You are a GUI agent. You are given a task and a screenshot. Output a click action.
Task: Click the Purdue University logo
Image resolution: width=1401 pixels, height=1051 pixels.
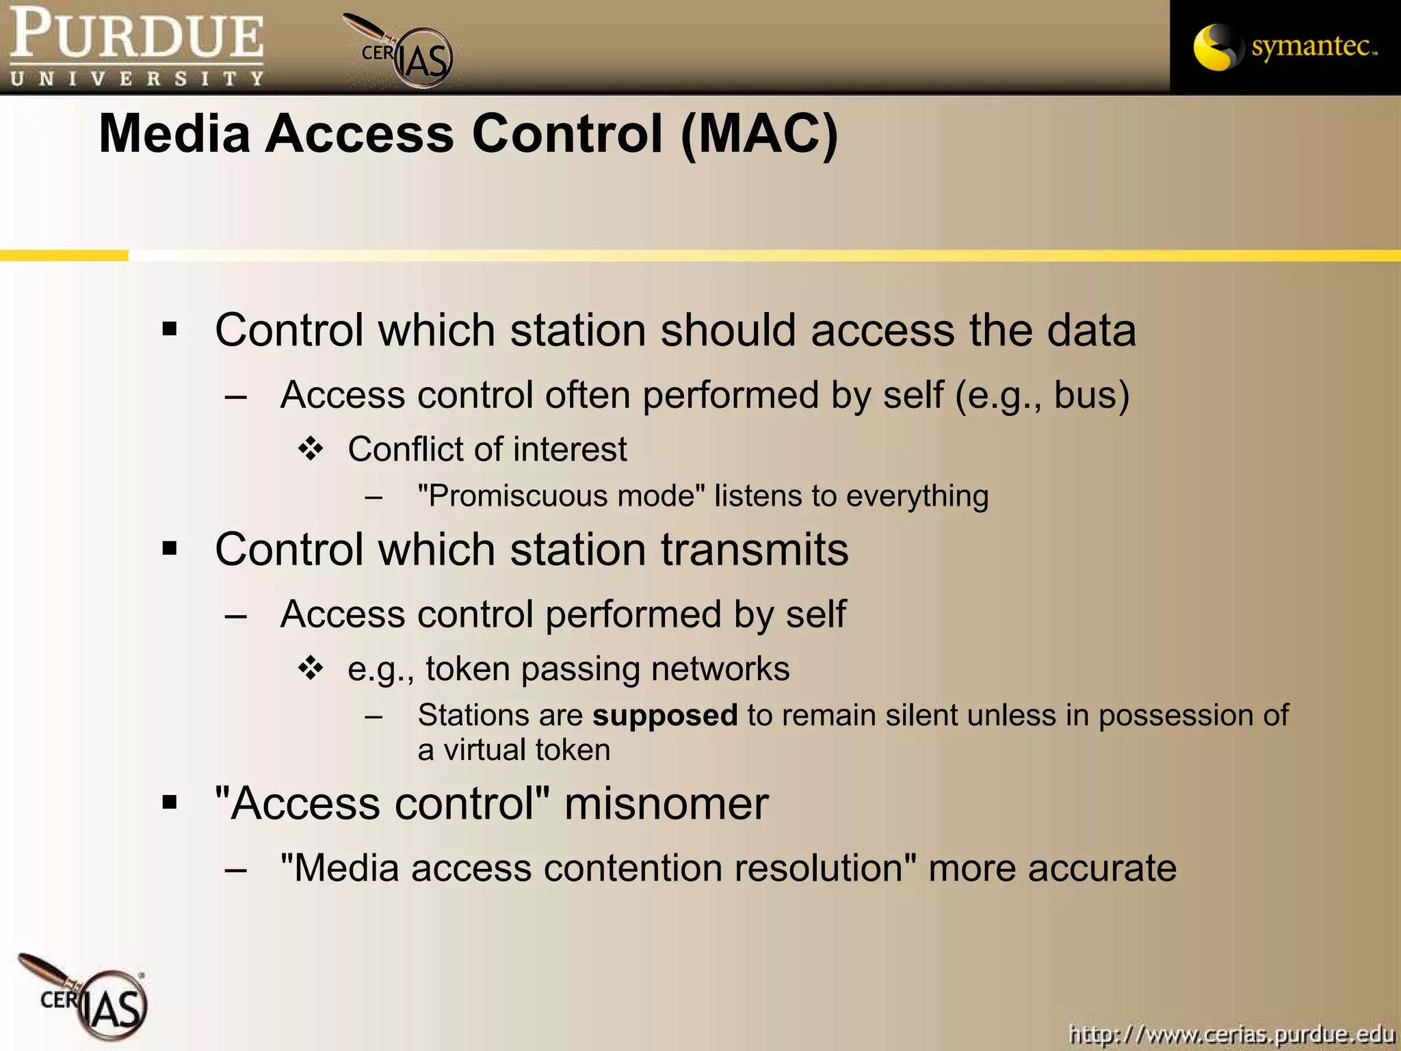pos(136,47)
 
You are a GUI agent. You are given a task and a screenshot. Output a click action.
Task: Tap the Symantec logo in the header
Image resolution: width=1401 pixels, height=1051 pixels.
pos(1285,47)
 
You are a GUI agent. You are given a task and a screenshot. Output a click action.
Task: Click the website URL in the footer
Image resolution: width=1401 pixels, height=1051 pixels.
pos(1231,1034)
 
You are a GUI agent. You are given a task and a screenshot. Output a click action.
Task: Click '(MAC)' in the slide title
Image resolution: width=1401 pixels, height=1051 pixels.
pos(759,133)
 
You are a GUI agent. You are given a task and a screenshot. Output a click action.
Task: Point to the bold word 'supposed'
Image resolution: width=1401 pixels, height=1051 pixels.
pos(665,715)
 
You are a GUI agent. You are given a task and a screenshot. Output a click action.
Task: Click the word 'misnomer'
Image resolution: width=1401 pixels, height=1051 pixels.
pos(666,803)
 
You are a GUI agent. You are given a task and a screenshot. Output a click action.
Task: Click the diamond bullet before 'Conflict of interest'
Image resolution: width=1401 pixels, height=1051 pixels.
pos(311,450)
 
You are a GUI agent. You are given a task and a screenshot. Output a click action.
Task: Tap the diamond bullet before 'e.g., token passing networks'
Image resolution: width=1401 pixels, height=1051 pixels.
pos(311,669)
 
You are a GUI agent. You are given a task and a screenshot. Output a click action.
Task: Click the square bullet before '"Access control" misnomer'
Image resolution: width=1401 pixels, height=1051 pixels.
pos(170,802)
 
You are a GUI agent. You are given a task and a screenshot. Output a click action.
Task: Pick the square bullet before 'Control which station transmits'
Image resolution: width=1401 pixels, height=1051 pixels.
pos(170,548)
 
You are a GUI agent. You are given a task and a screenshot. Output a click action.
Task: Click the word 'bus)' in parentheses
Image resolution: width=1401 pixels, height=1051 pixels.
pos(1091,395)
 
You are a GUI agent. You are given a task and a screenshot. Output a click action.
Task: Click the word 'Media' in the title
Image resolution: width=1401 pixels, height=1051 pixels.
pos(174,133)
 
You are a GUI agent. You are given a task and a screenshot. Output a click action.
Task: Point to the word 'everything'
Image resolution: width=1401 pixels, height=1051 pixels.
pos(917,496)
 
